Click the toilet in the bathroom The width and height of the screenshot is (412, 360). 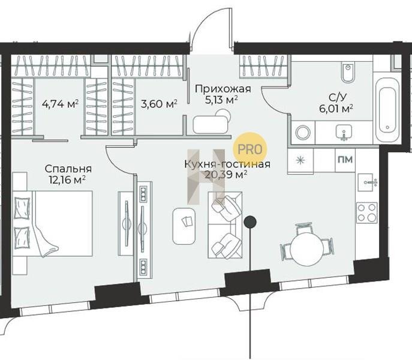pos(348,73)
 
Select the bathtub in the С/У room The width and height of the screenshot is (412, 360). pos(387,110)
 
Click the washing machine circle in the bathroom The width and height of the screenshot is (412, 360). pos(303,133)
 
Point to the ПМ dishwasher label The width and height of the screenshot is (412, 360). pos(345,160)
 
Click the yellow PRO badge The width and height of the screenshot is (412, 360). pos(250,149)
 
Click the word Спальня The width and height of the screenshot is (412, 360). pos(68,169)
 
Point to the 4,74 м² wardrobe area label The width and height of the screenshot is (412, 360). pos(61,104)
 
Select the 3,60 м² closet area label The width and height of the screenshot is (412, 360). pos(159,104)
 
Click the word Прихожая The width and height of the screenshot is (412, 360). pos(223,89)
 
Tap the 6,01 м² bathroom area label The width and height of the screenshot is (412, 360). pos(336,109)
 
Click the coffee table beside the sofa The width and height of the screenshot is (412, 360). pos(184,226)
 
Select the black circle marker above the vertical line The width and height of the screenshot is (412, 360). pos(250,222)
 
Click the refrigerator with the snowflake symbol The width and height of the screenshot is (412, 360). pos(300,161)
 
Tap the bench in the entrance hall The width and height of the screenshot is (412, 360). pos(210,125)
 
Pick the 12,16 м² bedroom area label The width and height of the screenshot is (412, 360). pos(67,180)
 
